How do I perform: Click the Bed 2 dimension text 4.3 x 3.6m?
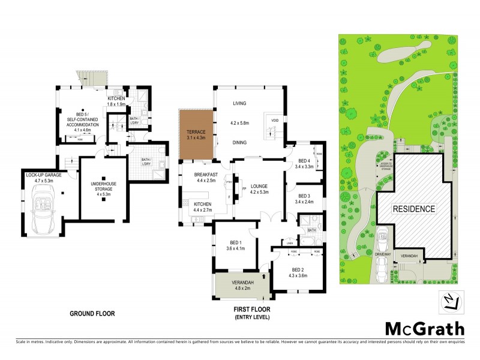pyautogui.click(x=296, y=275)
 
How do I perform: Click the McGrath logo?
pyautogui.click(x=424, y=328)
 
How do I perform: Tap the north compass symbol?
pyautogui.click(x=452, y=302)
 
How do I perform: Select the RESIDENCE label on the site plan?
pyautogui.click(x=413, y=209)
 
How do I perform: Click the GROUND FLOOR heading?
pyautogui.click(x=92, y=313)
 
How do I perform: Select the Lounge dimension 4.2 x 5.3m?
pyautogui.click(x=263, y=192)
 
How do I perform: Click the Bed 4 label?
pyautogui.click(x=304, y=161)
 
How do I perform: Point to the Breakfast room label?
pyautogui.click(x=204, y=174)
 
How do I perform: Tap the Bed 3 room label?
pyautogui.click(x=304, y=196)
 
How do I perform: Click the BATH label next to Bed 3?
pyautogui.click(x=312, y=230)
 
